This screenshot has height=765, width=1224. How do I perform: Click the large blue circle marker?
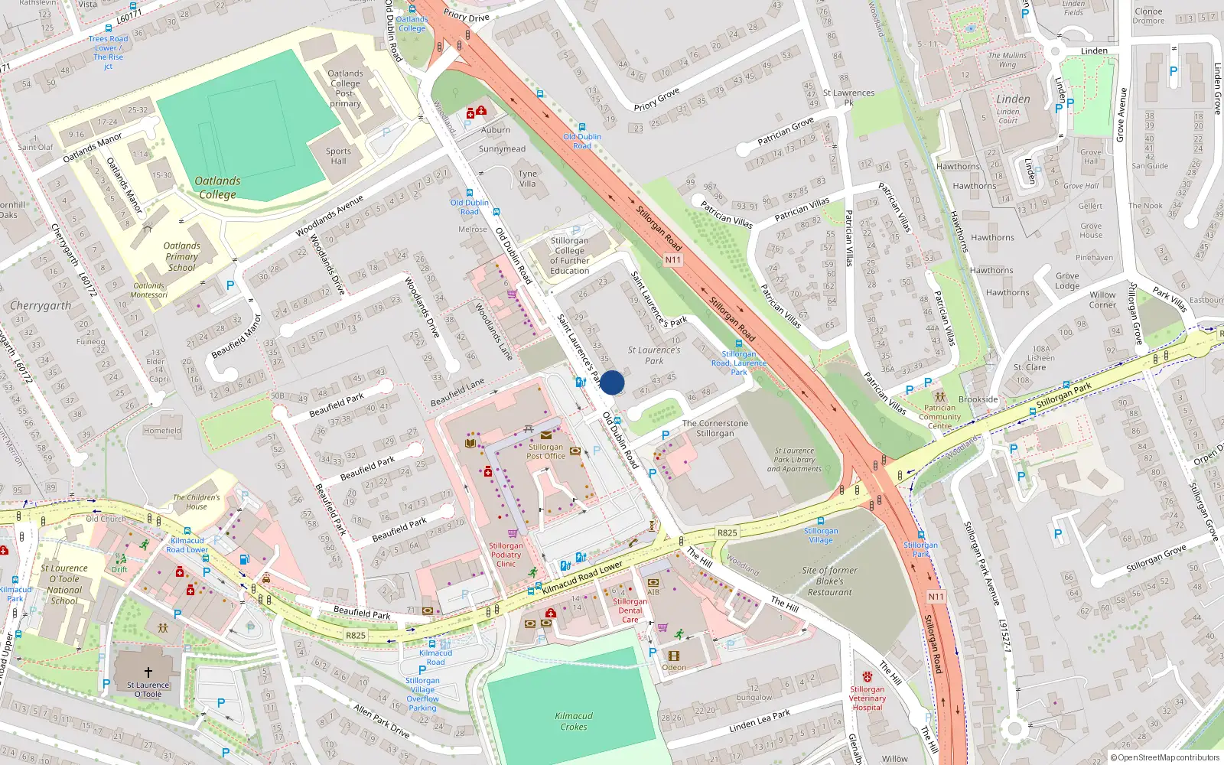612,382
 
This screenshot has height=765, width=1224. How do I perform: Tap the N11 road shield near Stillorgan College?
672,260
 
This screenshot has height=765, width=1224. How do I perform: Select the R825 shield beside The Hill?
727,532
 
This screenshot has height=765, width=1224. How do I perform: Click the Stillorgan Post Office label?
545,451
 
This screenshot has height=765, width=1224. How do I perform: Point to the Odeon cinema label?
674,667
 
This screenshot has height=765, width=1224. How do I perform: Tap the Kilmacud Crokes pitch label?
574,721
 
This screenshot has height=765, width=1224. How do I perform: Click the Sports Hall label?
338,156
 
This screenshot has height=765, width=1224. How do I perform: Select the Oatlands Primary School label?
182,257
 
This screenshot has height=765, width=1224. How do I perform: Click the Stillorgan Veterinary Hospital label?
868,698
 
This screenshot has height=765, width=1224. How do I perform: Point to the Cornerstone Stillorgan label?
715,428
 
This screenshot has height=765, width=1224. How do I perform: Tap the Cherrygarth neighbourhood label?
41,306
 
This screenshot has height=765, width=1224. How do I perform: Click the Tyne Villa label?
528,178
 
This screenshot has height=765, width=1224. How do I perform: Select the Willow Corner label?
1102,300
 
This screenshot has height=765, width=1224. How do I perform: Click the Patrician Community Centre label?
940,417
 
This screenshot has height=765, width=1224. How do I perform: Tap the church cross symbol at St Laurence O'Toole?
148,672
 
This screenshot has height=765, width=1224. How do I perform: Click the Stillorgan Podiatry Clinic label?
506,555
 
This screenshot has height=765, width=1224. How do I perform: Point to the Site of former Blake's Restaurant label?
830,581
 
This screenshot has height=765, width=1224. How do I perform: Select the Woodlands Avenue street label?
330,216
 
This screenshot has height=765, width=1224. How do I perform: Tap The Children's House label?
196,502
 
